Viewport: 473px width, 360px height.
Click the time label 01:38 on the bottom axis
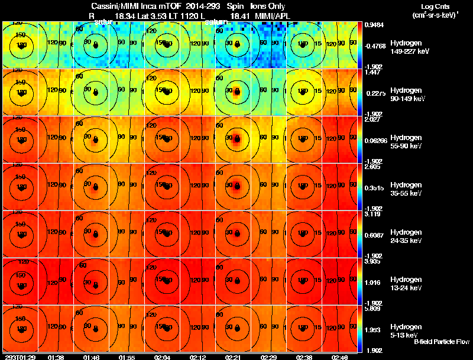pyautogui.click(x=56, y=357)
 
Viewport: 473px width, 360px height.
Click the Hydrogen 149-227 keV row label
pyautogui.click(x=410, y=47)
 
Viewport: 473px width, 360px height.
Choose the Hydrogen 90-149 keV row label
pyautogui.click(x=410, y=95)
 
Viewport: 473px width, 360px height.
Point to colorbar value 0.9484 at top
pyautogui.click(x=372, y=25)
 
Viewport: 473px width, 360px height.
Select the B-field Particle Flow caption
pyautogui.click(x=441, y=342)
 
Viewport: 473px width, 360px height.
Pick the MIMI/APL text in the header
pyautogui.click(x=276, y=15)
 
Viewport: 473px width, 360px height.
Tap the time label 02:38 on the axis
pyautogui.click(x=301, y=357)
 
